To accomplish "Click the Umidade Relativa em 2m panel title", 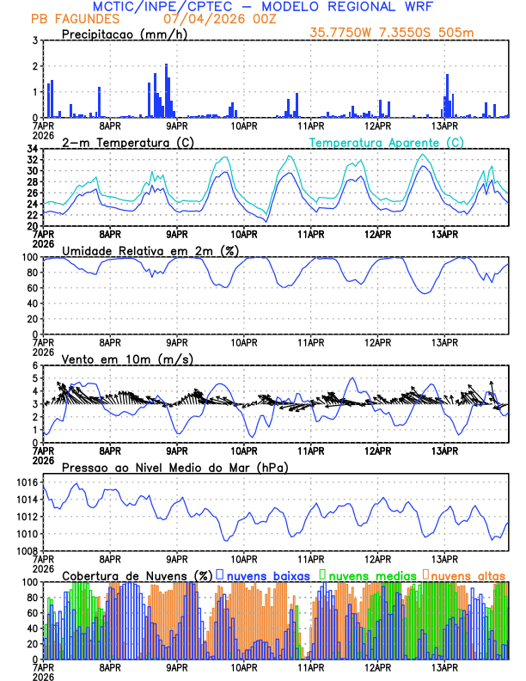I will (147, 250).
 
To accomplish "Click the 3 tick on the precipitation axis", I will (35, 40).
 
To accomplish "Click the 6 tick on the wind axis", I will (35, 366).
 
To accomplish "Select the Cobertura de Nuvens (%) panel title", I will (138, 575).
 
